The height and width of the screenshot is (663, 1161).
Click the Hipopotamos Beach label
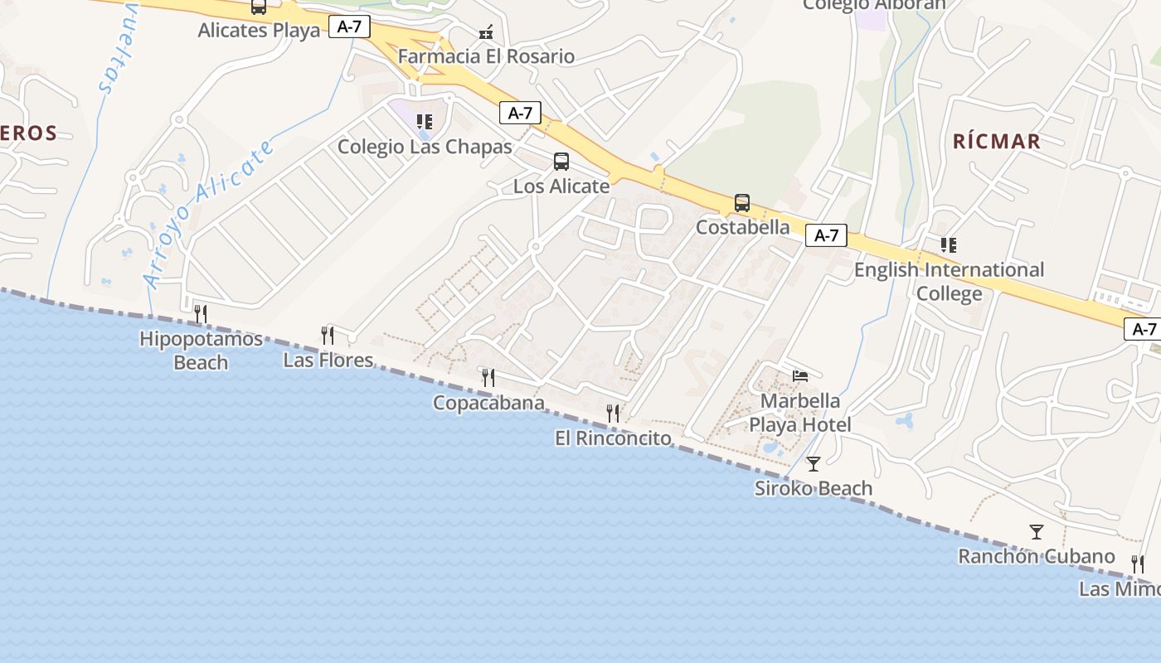click(x=201, y=351)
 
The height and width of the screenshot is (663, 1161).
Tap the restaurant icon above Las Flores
click(x=328, y=336)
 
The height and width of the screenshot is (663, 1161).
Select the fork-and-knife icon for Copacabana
click(x=488, y=378)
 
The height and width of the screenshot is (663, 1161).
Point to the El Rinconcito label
click(x=613, y=438)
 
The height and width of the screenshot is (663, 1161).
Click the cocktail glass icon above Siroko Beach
click(x=814, y=463)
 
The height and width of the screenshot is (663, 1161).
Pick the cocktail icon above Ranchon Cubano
click(x=1036, y=531)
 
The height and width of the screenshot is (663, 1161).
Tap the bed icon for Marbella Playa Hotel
click(x=800, y=376)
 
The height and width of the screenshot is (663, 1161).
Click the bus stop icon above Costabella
click(x=742, y=203)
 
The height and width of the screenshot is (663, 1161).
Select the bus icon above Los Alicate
click(x=561, y=162)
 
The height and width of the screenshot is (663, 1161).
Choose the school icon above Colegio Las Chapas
click(x=425, y=122)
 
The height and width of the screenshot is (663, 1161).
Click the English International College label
click(x=949, y=282)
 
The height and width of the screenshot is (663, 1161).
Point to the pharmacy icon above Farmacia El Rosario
click(x=486, y=33)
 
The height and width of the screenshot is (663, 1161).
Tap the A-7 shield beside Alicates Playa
click(x=349, y=27)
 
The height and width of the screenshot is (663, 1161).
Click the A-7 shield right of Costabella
click(x=826, y=235)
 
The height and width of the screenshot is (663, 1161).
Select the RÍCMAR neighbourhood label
click(x=996, y=141)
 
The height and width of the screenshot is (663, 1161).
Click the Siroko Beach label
click(x=813, y=488)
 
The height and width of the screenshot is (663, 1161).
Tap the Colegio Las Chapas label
click(x=425, y=147)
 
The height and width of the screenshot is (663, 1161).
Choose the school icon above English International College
click(x=949, y=245)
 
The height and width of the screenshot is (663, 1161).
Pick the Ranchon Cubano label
click(x=1036, y=556)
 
